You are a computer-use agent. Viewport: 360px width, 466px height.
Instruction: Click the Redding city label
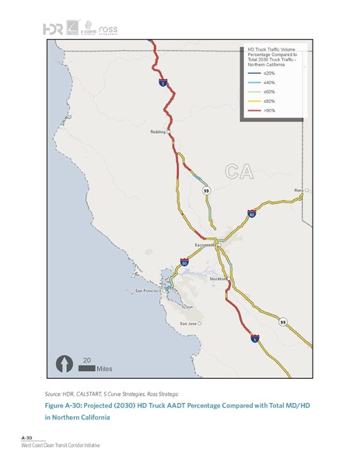[x=158, y=132]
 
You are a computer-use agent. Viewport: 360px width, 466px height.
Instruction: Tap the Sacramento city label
[x=204, y=244]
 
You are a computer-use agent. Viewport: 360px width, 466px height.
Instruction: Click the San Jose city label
[x=187, y=323]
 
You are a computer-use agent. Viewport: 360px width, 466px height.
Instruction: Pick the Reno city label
[x=297, y=190]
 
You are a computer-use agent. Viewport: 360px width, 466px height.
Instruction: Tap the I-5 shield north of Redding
[x=162, y=82]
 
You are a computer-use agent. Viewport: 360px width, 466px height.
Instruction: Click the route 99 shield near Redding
[x=206, y=191]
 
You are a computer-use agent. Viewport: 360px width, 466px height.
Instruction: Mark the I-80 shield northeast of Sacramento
[x=251, y=212]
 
